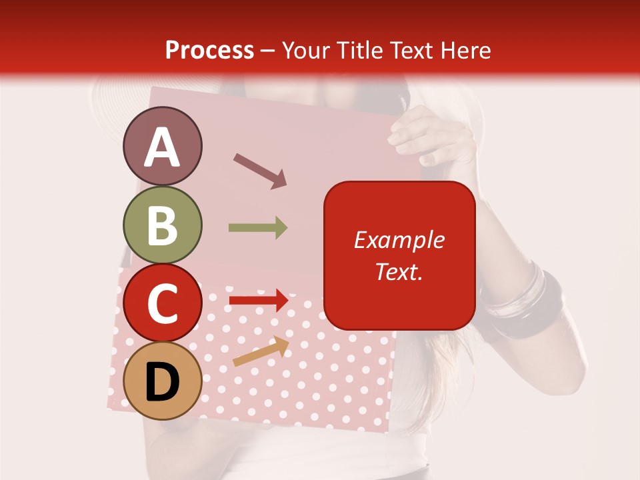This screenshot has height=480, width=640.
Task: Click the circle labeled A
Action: point(162,146)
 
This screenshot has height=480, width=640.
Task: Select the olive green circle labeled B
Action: point(162,225)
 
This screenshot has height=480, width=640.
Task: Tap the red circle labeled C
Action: point(162,303)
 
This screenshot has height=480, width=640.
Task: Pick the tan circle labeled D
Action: point(162,381)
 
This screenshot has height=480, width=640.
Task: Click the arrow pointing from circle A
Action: point(259,171)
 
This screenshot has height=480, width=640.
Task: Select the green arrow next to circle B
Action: point(258,228)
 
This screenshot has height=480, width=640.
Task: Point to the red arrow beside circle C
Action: point(258,300)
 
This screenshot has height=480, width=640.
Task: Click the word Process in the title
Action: point(209,50)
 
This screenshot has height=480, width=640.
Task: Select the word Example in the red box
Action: point(399,240)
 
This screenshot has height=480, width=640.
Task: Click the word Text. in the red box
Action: point(399,271)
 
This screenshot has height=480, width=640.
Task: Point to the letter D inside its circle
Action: point(162,383)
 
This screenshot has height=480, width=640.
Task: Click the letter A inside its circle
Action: point(162,147)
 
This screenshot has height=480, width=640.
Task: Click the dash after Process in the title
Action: point(268,51)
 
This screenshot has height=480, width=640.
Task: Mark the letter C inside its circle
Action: point(162,305)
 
